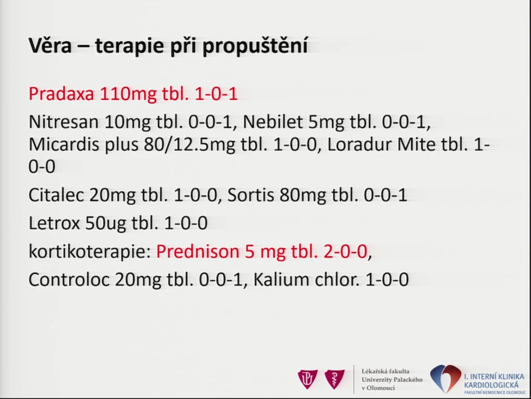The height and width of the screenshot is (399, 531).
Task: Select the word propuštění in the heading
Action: [x=255, y=46]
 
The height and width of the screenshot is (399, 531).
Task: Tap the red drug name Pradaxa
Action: [x=61, y=94]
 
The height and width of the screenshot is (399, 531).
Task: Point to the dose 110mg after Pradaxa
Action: [x=129, y=95]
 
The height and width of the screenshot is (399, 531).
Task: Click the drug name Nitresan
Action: [x=63, y=122]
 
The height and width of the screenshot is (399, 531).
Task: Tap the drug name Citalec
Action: [x=56, y=195]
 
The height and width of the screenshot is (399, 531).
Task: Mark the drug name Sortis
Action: [x=250, y=195]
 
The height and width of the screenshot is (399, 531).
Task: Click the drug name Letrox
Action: [x=54, y=223]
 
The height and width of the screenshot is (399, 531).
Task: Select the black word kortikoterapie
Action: [x=90, y=252]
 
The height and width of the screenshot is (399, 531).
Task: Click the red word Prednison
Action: [x=198, y=251]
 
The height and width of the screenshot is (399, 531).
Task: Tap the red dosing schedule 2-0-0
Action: [x=345, y=251]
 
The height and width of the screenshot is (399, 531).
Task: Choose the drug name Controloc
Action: [x=69, y=280]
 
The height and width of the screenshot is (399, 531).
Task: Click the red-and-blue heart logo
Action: [x=445, y=379]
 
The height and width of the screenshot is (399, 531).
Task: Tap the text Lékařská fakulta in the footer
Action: [x=385, y=371]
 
